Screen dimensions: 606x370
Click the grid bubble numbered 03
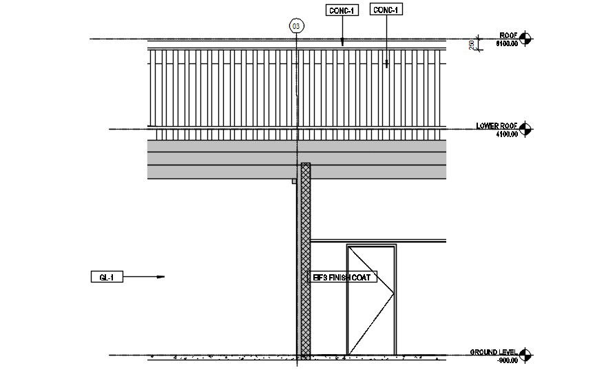point(296,27)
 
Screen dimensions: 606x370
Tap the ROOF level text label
point(508,34)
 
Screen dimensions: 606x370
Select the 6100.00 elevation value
point(507,43)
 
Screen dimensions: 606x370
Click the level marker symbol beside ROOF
point(526,39)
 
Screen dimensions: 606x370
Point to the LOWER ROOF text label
point(497,126)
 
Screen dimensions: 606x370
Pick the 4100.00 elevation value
point(506,134)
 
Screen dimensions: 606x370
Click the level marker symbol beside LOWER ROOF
point(526,129)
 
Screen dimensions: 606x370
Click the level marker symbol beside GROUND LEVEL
point(526,356)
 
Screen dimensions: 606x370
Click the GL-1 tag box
point(107,277)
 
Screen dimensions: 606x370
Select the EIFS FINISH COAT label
point(342,277)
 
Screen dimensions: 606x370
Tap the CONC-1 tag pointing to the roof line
point(343,10)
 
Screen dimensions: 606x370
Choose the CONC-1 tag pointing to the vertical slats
point(386,10)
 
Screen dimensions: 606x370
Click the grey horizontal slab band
point(220,160)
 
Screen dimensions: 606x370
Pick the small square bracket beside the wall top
point(294,181)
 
